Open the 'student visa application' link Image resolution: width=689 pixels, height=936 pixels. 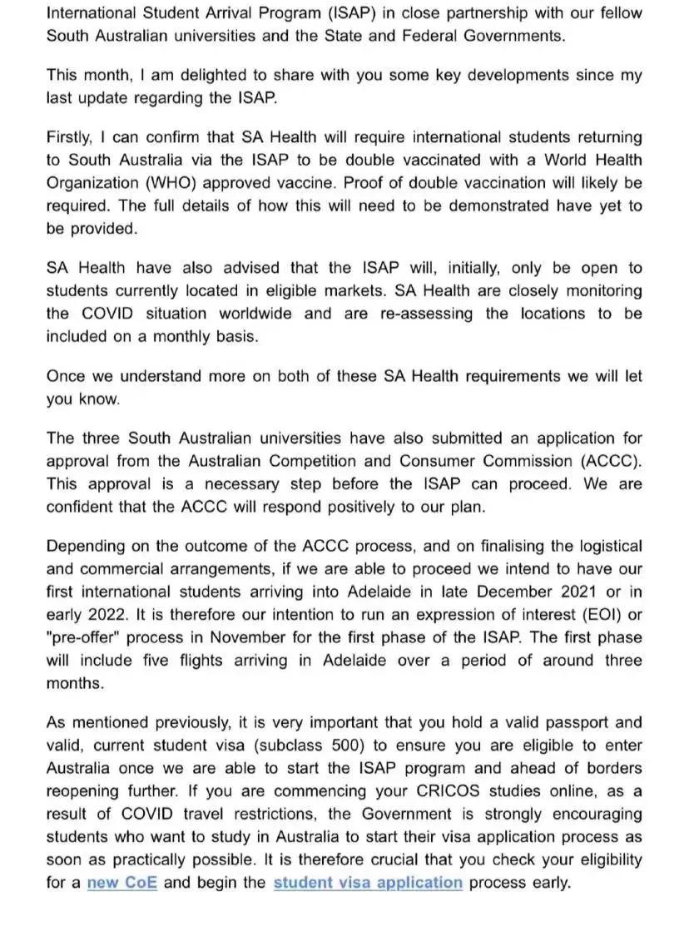pyautogui.click(x=367, y=883)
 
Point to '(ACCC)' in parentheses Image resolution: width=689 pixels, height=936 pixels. pyautogui.click(x=611, y=460)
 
